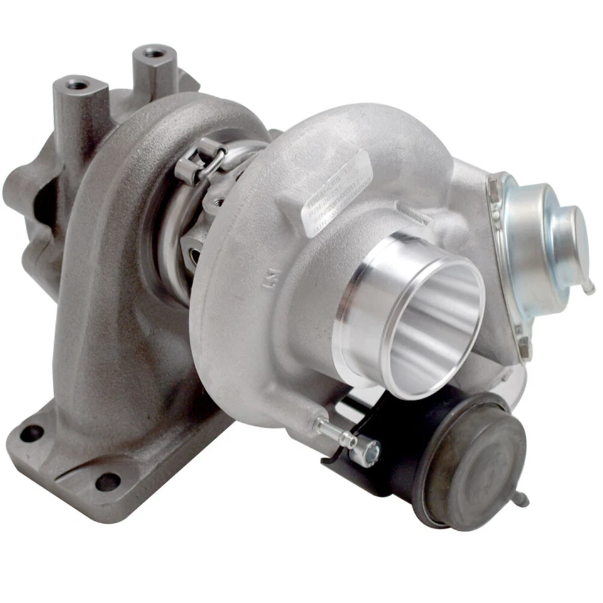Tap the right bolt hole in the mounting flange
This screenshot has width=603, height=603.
[107, 482]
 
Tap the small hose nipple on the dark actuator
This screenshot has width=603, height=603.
[521, 500]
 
